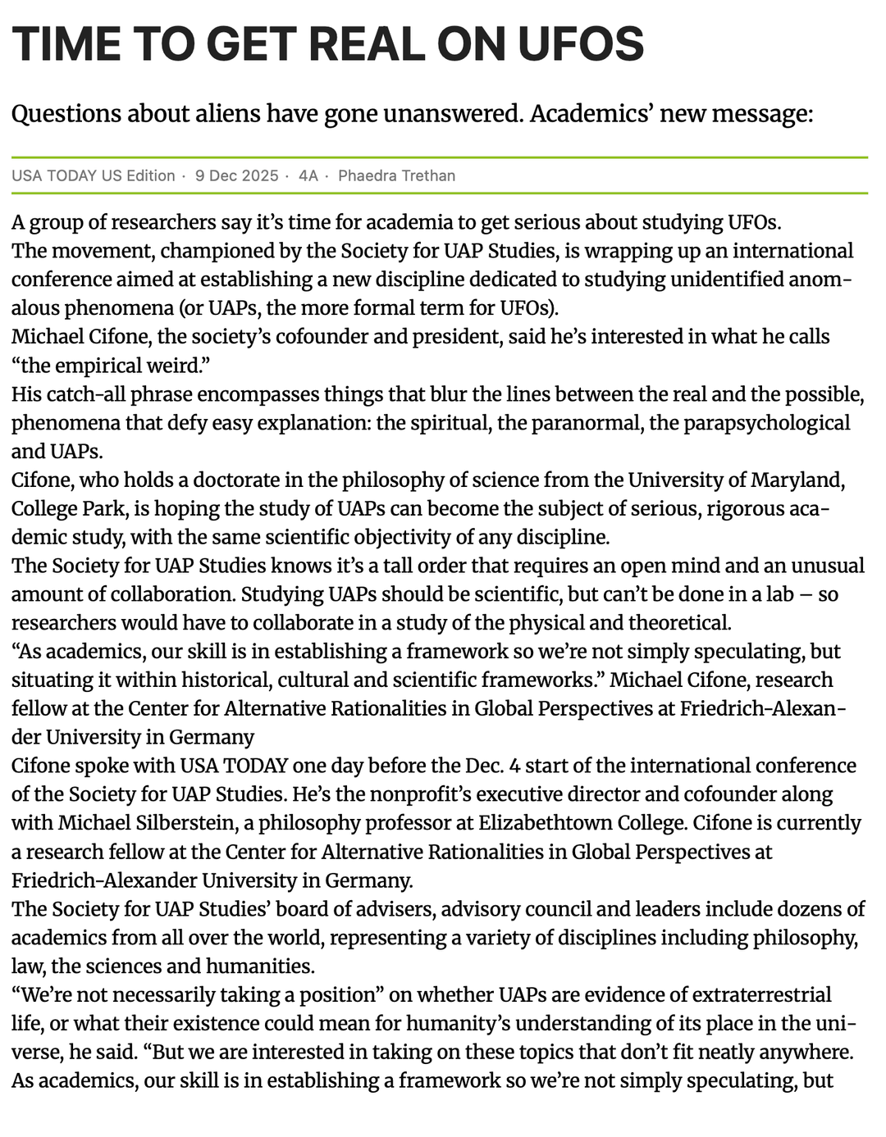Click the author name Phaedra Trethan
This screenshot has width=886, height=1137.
coord(396,175)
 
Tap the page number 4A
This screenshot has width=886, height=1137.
coord(308,175)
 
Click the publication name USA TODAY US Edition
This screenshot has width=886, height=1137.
coord(94,175)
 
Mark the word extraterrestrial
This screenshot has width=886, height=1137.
coord(761,994)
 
